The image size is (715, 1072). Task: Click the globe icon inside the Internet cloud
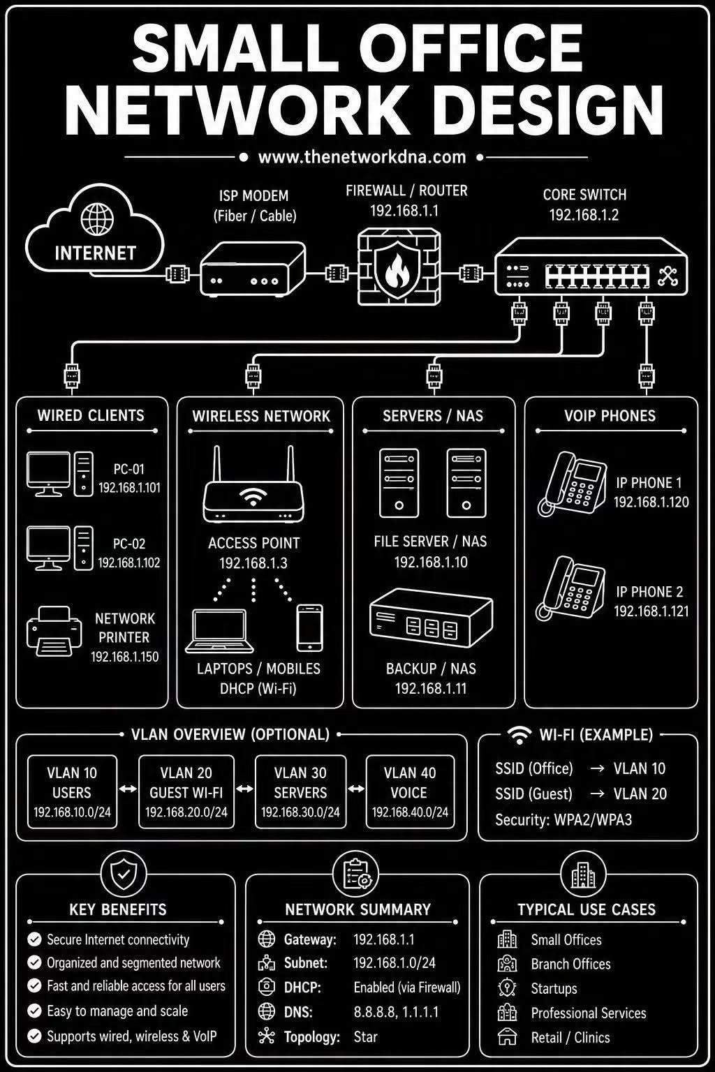[97, 219]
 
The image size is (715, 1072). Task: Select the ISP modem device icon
[252, 269]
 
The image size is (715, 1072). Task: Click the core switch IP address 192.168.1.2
[584, 215]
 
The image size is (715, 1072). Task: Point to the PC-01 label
[128, 469]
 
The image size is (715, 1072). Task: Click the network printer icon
[54, 631]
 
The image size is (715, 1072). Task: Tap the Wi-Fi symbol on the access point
[252, 497]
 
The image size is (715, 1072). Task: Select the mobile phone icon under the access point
[310, 628]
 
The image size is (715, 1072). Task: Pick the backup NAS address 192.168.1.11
[431, 688]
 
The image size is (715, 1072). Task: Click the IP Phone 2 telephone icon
[570, 588]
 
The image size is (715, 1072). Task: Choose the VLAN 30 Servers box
[301, 791]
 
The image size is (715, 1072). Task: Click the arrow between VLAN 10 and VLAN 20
[128, 789]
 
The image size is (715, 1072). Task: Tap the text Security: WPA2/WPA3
[563, 820]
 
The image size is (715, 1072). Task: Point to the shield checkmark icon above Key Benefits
[124, 874]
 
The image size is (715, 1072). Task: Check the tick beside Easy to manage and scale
[34, 1011]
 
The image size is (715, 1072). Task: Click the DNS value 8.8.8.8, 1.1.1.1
[396, 1012]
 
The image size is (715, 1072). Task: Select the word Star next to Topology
[365, 1037]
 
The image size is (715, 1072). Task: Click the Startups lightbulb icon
[507, 988]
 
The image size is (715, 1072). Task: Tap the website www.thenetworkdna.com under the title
[362, 157]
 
